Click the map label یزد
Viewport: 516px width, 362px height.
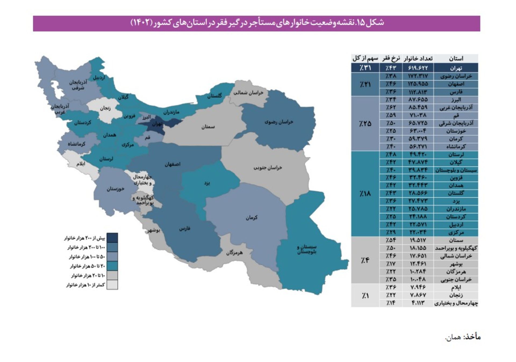tap(207, 183)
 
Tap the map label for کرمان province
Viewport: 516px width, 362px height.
tap(251, 217)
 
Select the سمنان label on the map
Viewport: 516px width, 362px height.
tap(208, 127)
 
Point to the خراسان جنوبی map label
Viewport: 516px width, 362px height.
tap(268, 168)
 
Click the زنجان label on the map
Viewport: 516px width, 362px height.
tap(105, 108)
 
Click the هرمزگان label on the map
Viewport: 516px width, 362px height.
tap(234, 253)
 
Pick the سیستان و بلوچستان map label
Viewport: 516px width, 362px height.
tap(307, 249)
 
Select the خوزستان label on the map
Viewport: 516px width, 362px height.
tap(115, 189)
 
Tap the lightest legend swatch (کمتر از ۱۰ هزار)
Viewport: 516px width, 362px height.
tap(112, 285)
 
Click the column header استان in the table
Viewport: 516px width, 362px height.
tap(456, 58)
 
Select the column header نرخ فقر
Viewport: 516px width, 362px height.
tap(391, 58)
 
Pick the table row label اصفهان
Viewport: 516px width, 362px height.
tap(456, 84)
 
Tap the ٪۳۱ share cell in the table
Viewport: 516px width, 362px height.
tap(365, 68)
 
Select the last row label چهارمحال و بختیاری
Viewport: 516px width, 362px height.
tap(456, 303)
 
